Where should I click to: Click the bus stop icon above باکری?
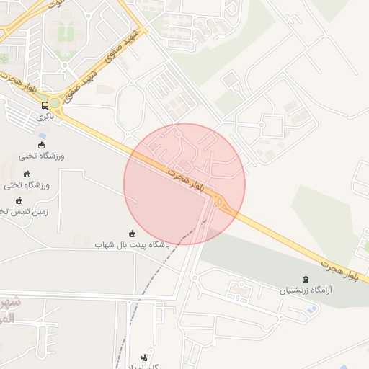point(45,105)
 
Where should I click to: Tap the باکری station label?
point(45,115)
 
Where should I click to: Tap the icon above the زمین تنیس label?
point(19,200)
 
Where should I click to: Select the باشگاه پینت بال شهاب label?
point(131,245)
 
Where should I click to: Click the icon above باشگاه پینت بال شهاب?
point(131,234)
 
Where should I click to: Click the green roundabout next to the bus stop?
point(55,103)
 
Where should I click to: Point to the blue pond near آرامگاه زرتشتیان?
point(311,309)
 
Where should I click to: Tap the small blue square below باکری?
point(43,135)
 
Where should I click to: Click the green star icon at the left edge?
point(3,58)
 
